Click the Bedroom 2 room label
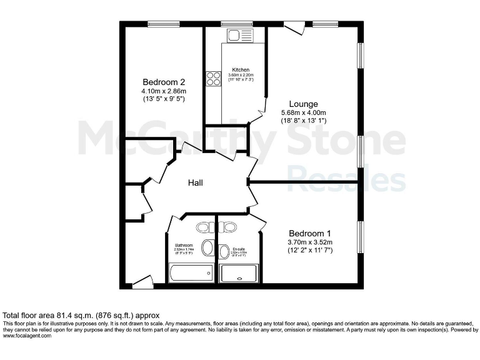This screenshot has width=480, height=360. point(164,82)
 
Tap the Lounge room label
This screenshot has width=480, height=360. point(303,104)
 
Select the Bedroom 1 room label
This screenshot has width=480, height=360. point(310,233)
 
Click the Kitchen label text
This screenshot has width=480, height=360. point(241,69)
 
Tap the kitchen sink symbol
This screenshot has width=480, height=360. point(240,36)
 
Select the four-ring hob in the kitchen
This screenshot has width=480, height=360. point(214,79)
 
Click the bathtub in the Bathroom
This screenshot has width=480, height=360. point(191,273)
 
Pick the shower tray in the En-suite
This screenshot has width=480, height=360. point(238,273)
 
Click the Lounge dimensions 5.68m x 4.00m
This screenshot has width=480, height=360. point(304,112)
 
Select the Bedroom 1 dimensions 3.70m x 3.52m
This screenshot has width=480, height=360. point(310,242)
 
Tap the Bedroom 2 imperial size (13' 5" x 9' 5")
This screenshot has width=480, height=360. point(164,99)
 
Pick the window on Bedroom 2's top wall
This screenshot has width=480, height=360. point(164,24)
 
